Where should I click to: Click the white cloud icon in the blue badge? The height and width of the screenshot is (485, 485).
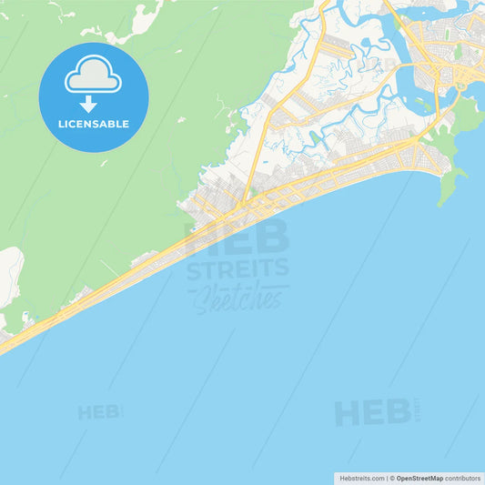(x=93, y=77)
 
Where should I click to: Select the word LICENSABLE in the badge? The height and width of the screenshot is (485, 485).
(x=93, y=124)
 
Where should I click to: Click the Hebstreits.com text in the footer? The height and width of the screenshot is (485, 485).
(x=361, y=478)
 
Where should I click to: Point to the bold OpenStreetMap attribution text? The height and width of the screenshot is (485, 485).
(x=419, y=478)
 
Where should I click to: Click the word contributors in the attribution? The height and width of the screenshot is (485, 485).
(x=463, y=478)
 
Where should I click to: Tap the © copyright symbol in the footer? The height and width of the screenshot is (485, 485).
(x=392, y=478)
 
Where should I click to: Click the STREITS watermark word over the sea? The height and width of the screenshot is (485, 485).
(x=237, y=268)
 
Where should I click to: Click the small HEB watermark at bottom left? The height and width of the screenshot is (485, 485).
(x=99, y=412)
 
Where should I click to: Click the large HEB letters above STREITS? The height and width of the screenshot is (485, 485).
(x=237, y=237)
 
